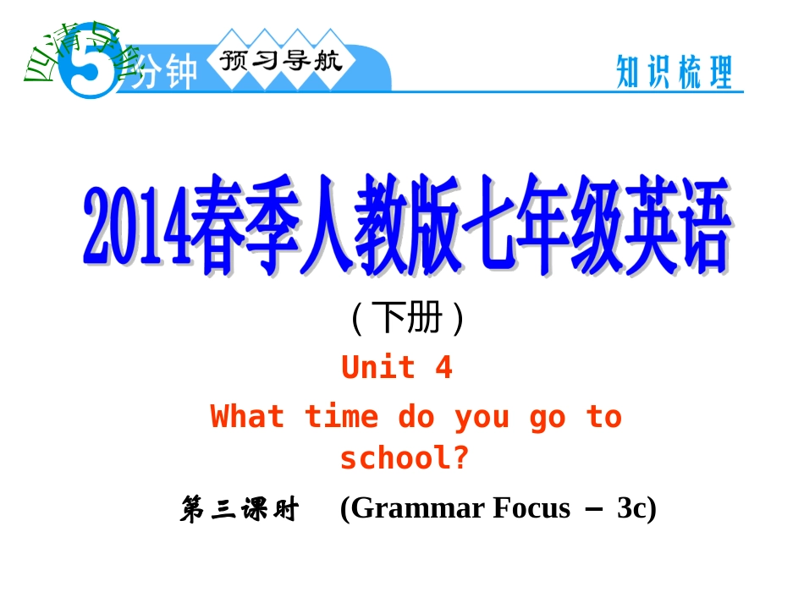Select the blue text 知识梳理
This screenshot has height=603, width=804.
click(x=674, y=73)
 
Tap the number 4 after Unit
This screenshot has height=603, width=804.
click(x=443, y=368)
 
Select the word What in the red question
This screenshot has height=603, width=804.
click(x=247, y=417)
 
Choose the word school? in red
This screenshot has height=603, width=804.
click(x=405, y=458)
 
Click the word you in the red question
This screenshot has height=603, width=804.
click(x=482, y=417)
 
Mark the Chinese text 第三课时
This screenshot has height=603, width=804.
click(x=240, y=510)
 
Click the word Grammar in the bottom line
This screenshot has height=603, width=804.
click(x=412, y=508)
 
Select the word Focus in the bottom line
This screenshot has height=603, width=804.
click(x=531, y=508)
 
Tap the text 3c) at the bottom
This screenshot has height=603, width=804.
click(x=636, y=508)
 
